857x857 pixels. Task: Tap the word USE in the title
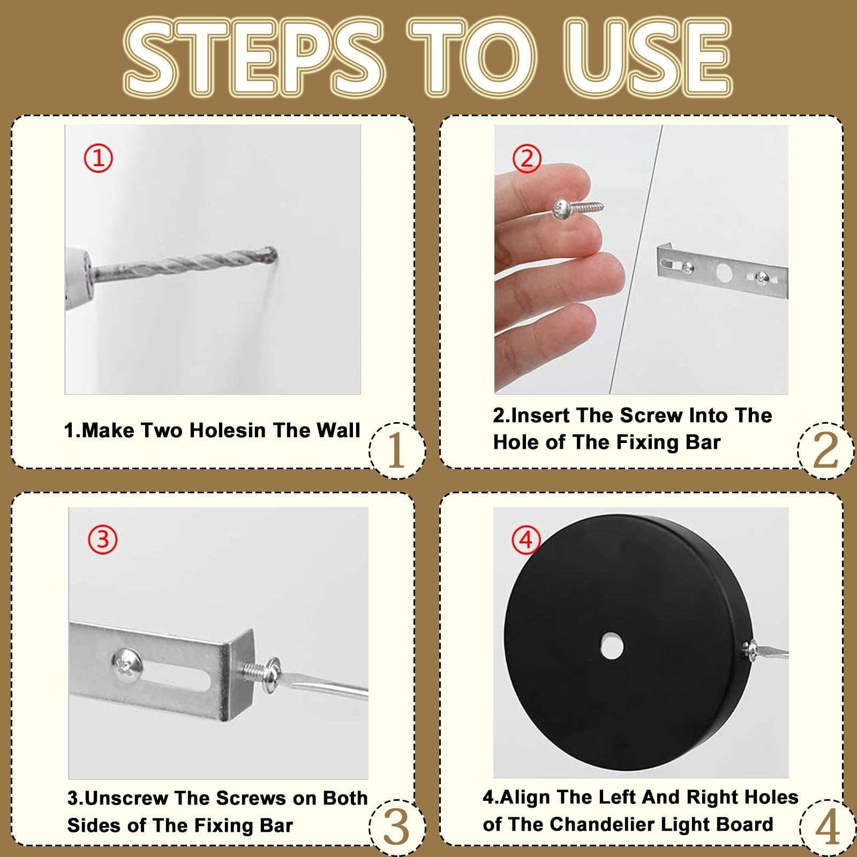pos(649,58)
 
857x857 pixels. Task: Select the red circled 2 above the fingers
pos(527,159)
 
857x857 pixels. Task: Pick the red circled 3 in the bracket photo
pos(102,539)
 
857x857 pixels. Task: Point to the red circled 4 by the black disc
pos(526,540)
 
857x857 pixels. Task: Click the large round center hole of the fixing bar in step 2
pos(724,272)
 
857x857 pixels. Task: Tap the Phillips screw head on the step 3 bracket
pos(127,665)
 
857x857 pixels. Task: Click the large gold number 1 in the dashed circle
pos(396,450)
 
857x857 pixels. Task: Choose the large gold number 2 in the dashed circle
pos(825,450)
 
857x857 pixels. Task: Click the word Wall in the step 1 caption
pos(338,430)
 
